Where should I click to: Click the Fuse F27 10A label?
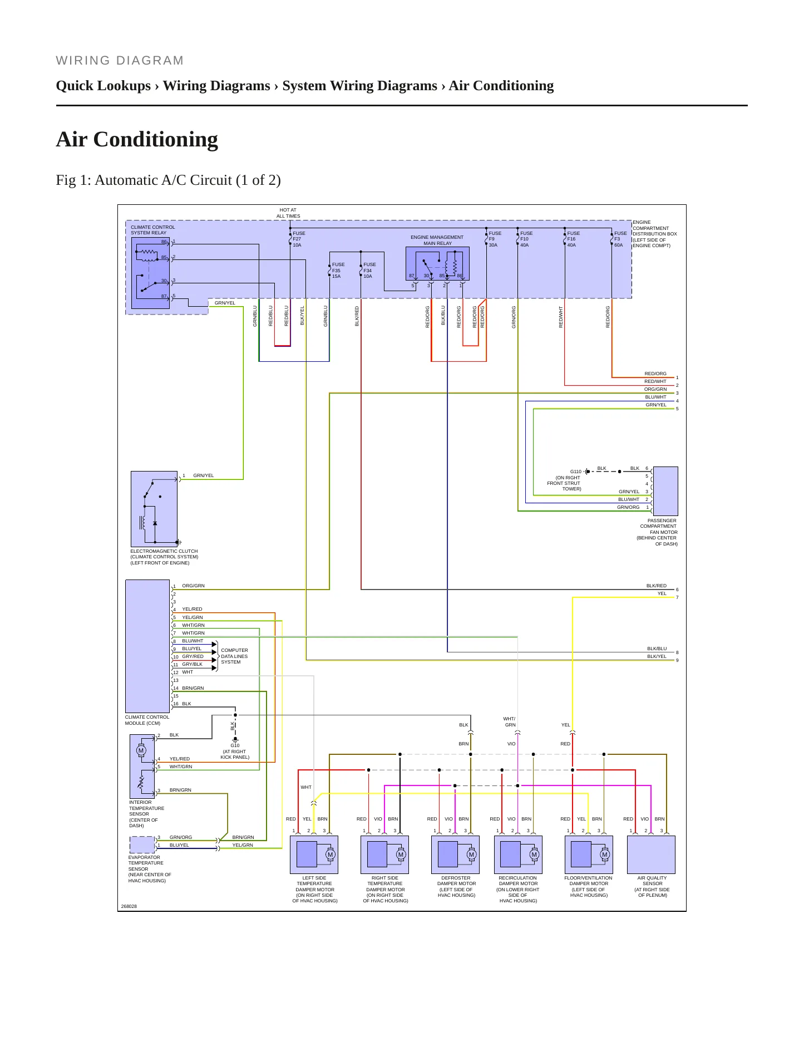point(299,239)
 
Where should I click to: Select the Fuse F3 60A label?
point(620,239)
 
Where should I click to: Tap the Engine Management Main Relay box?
point(437,263)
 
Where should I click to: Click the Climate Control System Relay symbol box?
point(150,273)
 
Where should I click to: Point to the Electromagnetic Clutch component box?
point(154,509)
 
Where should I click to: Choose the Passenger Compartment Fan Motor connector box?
point(665,491)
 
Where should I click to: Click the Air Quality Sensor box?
point(651,855)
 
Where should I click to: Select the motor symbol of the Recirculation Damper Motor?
point(534,855)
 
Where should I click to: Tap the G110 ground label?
point(576,472)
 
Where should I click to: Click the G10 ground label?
point(235,745)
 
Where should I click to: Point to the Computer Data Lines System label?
point(234,656)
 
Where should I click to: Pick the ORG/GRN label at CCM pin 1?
point(193,586)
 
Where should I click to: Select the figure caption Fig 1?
point(168,180)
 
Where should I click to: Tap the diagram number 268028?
point(129,906)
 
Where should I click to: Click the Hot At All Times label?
point(288,213)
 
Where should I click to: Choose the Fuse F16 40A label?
point(574,239)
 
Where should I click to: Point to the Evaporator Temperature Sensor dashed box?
point(142,844)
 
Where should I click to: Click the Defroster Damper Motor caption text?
point(456,886)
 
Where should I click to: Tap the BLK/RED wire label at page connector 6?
point(656,586)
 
